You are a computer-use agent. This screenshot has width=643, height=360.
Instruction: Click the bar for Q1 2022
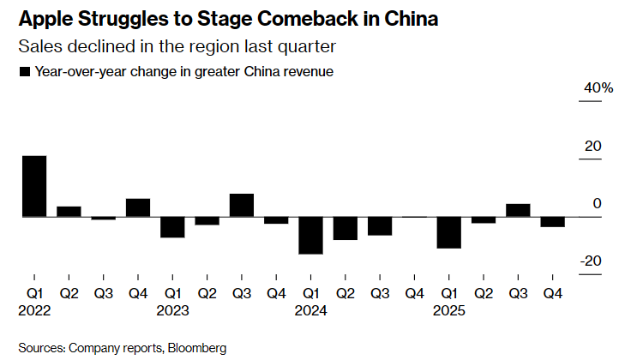(x=34, y=186)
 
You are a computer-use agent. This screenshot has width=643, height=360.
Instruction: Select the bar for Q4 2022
(x=138, y=207)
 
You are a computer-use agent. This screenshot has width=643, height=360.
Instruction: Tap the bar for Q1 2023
(x=172, y=227)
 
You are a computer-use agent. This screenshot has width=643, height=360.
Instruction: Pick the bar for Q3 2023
(x=242, y=205)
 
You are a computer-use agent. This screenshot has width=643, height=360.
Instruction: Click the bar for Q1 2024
(x=310, y=236)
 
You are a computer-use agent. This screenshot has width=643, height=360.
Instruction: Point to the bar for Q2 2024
(x=346, y=228)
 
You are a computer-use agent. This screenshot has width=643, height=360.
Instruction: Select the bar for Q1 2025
(x=448, y=232)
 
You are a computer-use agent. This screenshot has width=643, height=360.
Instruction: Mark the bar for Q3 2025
(x=518, y=210)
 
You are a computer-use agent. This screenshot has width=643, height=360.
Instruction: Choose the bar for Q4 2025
(x=552, y=222)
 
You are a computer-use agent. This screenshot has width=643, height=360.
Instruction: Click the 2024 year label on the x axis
(x=310, y=311)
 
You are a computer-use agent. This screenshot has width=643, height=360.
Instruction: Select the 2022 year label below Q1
(x=34, y=311)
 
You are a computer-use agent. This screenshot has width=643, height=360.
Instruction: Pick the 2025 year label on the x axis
(x=448, y=311)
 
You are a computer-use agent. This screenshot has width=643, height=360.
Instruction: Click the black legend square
(x=24, y=73)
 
